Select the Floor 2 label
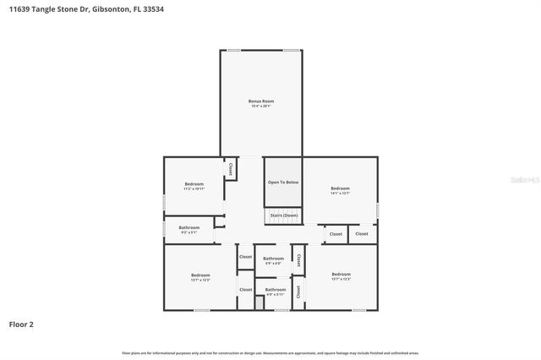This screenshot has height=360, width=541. [x=21, y=324]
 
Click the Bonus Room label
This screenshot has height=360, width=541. [x=261, y=101]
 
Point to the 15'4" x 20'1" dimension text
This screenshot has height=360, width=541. [x=261, y=106]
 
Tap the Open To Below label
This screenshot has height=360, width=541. [x=283, y=183]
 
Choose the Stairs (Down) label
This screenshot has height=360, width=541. [x=283, y=215]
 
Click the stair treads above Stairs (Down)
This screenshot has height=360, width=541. [x=283, y=208]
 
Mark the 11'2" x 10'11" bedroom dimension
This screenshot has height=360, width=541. [x=194, y=189]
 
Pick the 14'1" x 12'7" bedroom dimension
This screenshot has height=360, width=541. [x=340, y=193]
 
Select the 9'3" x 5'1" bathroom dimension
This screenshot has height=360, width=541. [x=189, y=232]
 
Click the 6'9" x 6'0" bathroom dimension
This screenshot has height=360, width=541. [x=273, y=264]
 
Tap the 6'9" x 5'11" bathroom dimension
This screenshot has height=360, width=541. [x=276, y=295]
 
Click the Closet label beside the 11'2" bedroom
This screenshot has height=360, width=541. [x=230, y=168]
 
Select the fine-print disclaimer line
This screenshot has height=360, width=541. [x=270, y=353]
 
